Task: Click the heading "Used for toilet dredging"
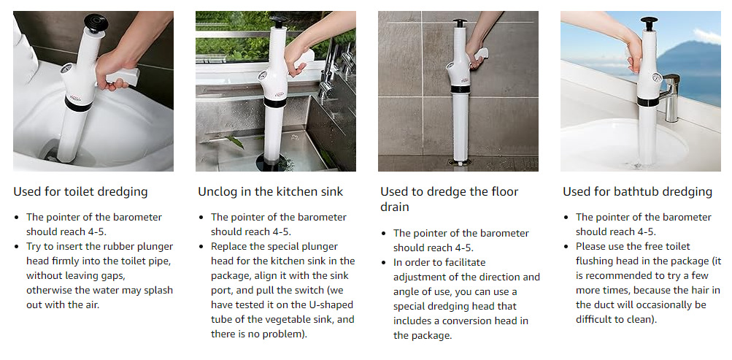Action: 80,191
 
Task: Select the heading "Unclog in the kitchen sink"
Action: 270,191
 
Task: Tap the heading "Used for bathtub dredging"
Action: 637,191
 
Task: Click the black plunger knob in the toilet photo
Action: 96,23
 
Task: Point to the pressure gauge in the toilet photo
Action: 69,69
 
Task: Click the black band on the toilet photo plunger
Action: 78,104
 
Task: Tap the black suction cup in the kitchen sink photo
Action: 274,162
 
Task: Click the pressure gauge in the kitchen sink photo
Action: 263,75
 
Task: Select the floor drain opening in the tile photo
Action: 460,163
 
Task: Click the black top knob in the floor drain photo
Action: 460,23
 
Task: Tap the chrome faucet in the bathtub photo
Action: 669,97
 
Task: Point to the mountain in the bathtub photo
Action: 691,71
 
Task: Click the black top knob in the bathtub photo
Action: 648,23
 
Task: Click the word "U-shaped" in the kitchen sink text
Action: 332,305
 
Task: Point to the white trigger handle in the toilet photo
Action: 123,77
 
